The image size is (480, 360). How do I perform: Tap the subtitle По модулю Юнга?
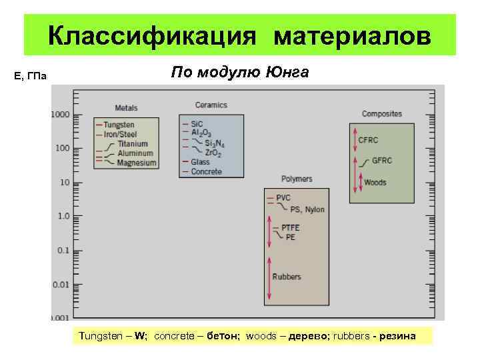[240, 72]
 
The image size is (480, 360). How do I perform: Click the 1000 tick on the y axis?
[60, 114]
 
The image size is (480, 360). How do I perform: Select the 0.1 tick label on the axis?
[63, 250]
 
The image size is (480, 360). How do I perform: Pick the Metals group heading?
[127, 108]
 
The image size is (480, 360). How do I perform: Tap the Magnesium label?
[136, 163]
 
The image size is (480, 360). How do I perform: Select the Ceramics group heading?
[211, 105]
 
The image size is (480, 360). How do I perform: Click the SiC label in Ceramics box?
[197, 123]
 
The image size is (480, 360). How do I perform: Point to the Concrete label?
[206, 171]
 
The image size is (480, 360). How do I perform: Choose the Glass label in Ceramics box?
[200, 162]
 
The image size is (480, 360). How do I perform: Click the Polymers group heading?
[297, 179]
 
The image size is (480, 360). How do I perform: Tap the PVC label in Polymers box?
[283, 198]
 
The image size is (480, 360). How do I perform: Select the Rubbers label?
[287, 277]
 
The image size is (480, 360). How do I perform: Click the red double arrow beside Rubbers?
[270, 277]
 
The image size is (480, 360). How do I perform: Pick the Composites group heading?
[381, 114]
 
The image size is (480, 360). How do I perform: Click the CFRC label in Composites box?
[369, 140]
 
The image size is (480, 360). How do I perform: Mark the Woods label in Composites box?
[375, 182]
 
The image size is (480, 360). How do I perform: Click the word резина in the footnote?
[397, 335]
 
